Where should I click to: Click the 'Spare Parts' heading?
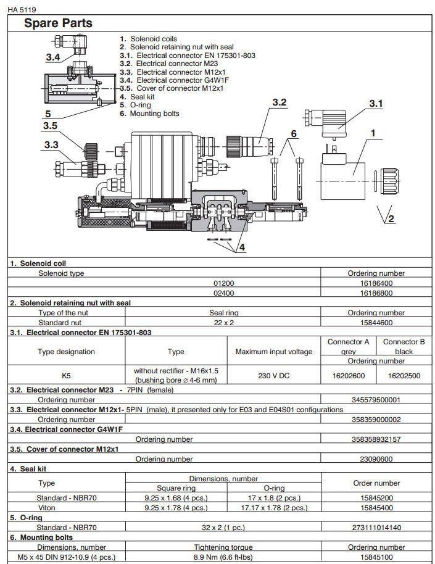pyautogui.click(x=58, y=23)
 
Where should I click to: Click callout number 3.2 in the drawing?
pyautogui.click(x=279, y=102)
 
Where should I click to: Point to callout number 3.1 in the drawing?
pyautogui.click(x=376, y=104)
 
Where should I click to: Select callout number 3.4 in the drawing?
pyautogui.click(x=53, y=57)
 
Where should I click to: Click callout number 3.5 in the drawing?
pyautogui.click(x=51, y=126)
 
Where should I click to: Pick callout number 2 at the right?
pyautogui.click(x=390, y=217)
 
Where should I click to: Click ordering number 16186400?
pyautogui.click(x=376, y=283)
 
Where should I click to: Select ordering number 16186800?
pyautogui.click(x=376, y=293)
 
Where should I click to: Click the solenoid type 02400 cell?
pyautogui.click(x=224, y=293)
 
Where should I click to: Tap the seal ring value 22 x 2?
pyautogui.click(x=223, y=322)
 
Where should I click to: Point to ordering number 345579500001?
pyautogui.click(x=376, y=400)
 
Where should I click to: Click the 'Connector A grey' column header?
pyautogui.click(x=349, y=346)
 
